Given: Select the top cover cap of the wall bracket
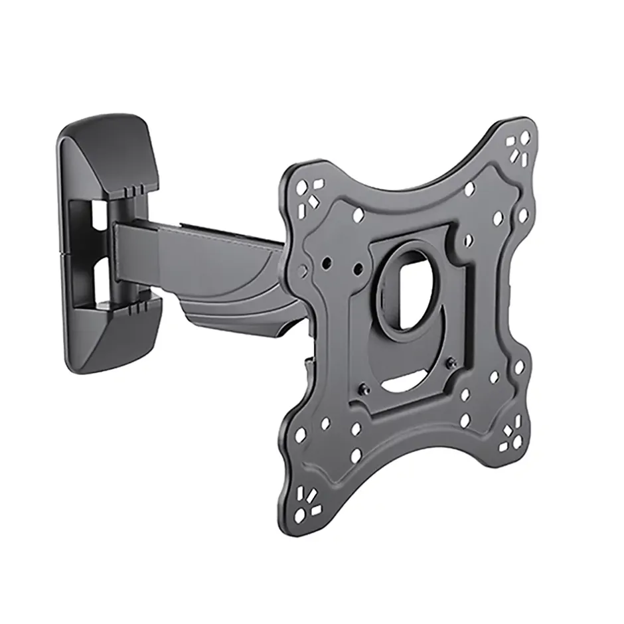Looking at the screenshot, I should [110, 156].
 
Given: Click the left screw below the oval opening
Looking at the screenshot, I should [364, 390].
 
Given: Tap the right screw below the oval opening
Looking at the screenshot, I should [451, 362].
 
